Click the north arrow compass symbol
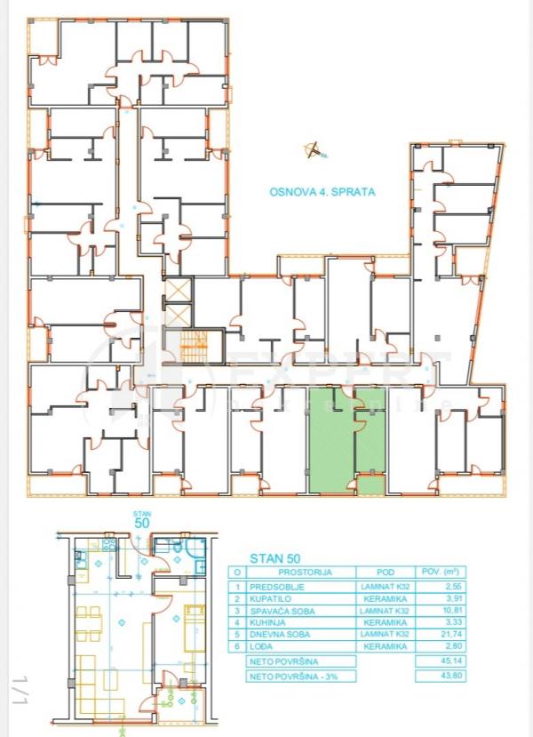[x=312, y=150]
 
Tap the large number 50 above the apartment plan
[x=140, y=524]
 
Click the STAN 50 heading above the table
[x=268, y=558]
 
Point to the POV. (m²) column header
[x=439, y=573]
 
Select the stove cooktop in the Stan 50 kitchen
[x=111, y=544]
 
